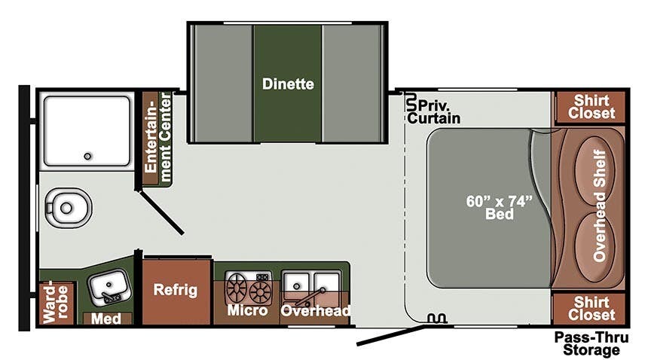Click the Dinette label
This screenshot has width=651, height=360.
click(x=288, y=84)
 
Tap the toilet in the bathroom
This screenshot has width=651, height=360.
click(x=69, y=205)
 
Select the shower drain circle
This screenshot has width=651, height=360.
click(x=87, y=157)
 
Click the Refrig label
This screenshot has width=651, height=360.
click(x=175, y=290)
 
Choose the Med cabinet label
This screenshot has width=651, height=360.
click(x=106, y=319)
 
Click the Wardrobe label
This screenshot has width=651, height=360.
click(x=55, y=304)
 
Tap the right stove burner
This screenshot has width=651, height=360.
click(x=261, y=288)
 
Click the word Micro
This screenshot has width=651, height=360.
click(x=248, y=310)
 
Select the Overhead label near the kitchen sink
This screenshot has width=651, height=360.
click(x=316, y=310)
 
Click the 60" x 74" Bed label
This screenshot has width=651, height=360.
click(x=499, y=207)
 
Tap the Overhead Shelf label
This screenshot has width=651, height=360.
click(x=600, y=209)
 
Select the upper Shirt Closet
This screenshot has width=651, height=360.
click(x=591, y=107)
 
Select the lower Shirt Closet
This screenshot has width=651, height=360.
click(x=591, y=309)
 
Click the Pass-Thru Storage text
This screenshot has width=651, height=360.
click(x=591, y=343)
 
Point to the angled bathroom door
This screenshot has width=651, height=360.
click(x=161, y=211)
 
